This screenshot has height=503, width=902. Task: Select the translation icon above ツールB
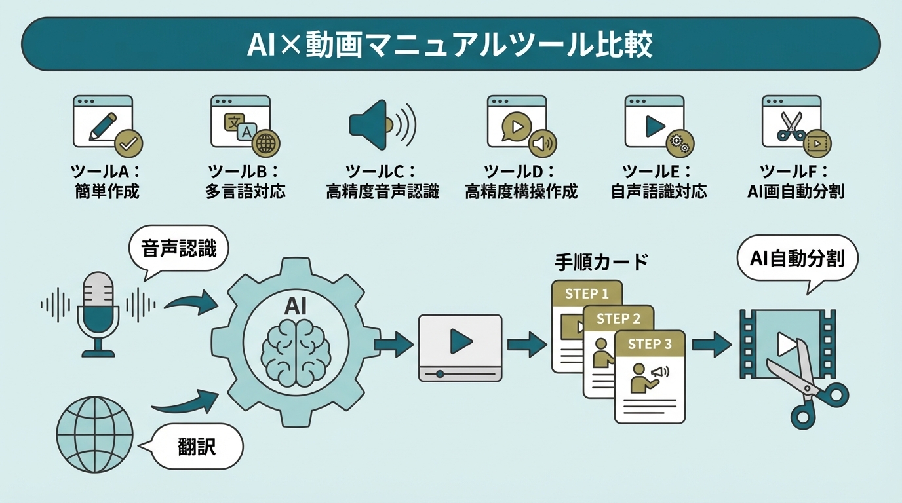tap(239, 124)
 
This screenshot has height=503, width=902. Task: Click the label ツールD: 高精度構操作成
tap(520, 181)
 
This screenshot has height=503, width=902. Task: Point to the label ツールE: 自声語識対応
tap(658, 181)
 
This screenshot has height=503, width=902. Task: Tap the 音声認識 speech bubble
tap(179, 250)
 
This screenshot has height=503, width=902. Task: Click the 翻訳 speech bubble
tap(197, 447)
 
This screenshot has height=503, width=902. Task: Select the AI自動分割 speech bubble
tap(797, 258)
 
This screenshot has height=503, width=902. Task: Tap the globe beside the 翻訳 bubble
tap(95, 433)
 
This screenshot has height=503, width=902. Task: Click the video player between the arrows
tap(460, 348)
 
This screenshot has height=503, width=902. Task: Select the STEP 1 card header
tap(587, 293)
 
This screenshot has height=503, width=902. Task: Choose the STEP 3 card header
tap(650, 344)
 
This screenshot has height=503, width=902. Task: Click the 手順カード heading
tap(600, 263)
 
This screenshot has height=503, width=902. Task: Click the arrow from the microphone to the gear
tap(190, 302)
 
